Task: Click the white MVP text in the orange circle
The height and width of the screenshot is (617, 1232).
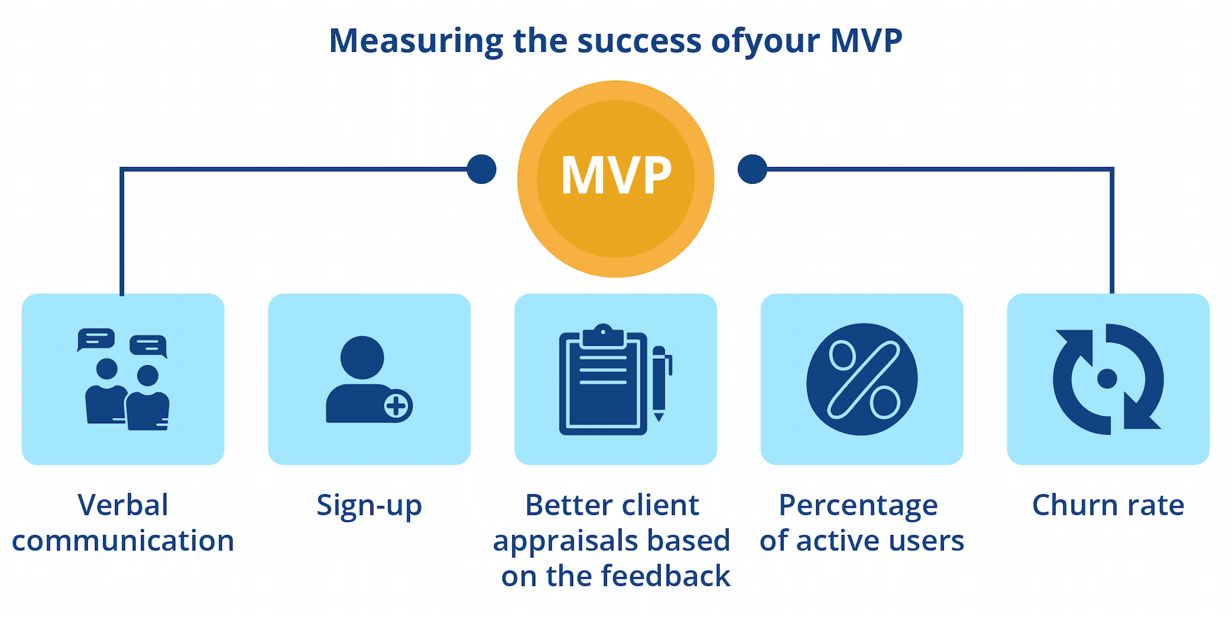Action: point(616,175)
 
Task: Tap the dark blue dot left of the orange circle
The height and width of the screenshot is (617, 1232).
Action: point(481,169)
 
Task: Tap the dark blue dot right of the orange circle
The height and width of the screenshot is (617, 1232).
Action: point(753,169)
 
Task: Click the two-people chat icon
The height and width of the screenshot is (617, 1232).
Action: point(123,379)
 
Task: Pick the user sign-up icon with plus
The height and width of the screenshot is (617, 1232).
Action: point(369,379)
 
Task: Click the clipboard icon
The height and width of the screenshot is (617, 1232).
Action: point(603,379)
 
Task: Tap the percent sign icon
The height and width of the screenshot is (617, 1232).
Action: point(862,379)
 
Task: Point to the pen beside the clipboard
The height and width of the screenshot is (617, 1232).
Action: point(661,383)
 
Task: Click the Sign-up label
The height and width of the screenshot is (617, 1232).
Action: point(369,505)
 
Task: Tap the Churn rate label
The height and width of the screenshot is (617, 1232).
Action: point(1108,505)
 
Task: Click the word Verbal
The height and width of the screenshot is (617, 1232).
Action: point(123,505)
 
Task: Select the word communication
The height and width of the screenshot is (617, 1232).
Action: point(123,541)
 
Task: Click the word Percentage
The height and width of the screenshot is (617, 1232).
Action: point(858,506)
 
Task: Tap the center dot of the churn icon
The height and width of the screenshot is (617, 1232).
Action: point(1107,379)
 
